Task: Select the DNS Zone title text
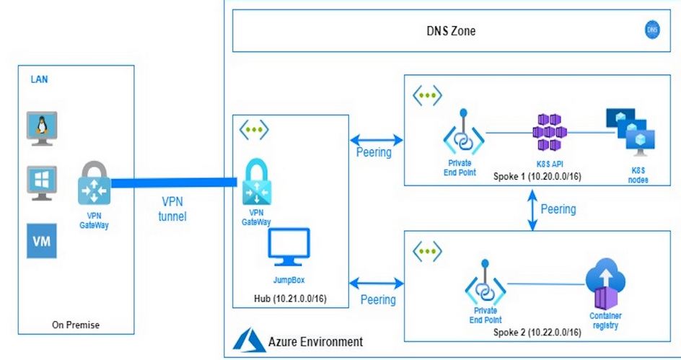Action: click(x=447, y=31)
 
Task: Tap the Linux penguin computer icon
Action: click(x=40, y=126)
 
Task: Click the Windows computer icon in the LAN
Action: click(x=40, y=182)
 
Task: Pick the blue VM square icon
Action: click(x=40, y=240)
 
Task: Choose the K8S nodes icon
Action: click(x=630, y=131)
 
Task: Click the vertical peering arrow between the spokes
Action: click(x=532, y=210)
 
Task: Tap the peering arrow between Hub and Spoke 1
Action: click(x=376, y=139)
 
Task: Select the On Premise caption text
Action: click(x=76, y=325)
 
